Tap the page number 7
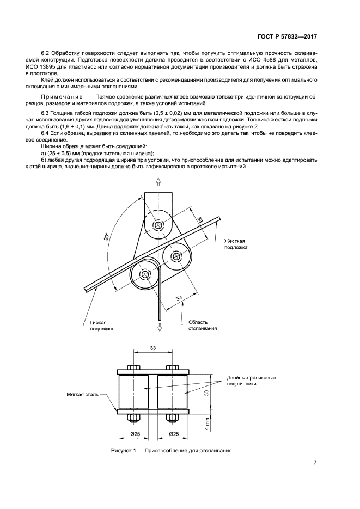315,463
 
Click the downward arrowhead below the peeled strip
160,327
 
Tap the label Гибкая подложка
102,326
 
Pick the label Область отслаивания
203,325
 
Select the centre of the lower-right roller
177,255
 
